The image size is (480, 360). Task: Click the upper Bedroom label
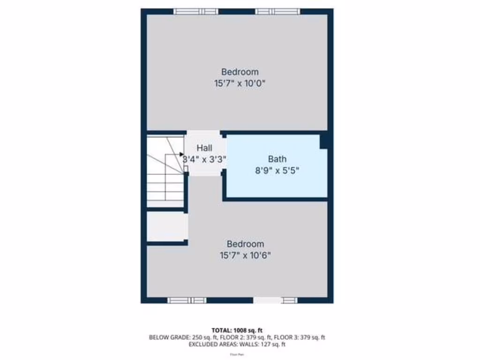click(240, 72)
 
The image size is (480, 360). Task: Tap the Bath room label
click(277, 159)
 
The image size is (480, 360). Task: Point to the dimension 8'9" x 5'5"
click(277, 171)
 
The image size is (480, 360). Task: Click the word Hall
click(204, 148)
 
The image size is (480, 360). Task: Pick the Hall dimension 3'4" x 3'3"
click(204, 159)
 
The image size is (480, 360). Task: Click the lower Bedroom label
click(245, 244)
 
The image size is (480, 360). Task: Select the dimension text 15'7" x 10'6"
click(245, 255)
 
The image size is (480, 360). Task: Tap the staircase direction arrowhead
click(182, 154)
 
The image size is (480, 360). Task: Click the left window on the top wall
click(195, 11)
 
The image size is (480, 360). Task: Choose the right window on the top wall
click(277, 11)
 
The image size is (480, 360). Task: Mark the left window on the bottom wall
click(187, 300)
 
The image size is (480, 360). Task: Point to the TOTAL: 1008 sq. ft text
click(237, 330)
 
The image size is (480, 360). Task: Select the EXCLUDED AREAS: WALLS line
click(237, 345)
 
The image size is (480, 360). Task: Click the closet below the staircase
click(166, 227)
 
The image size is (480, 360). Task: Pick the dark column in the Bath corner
click(323, 141)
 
